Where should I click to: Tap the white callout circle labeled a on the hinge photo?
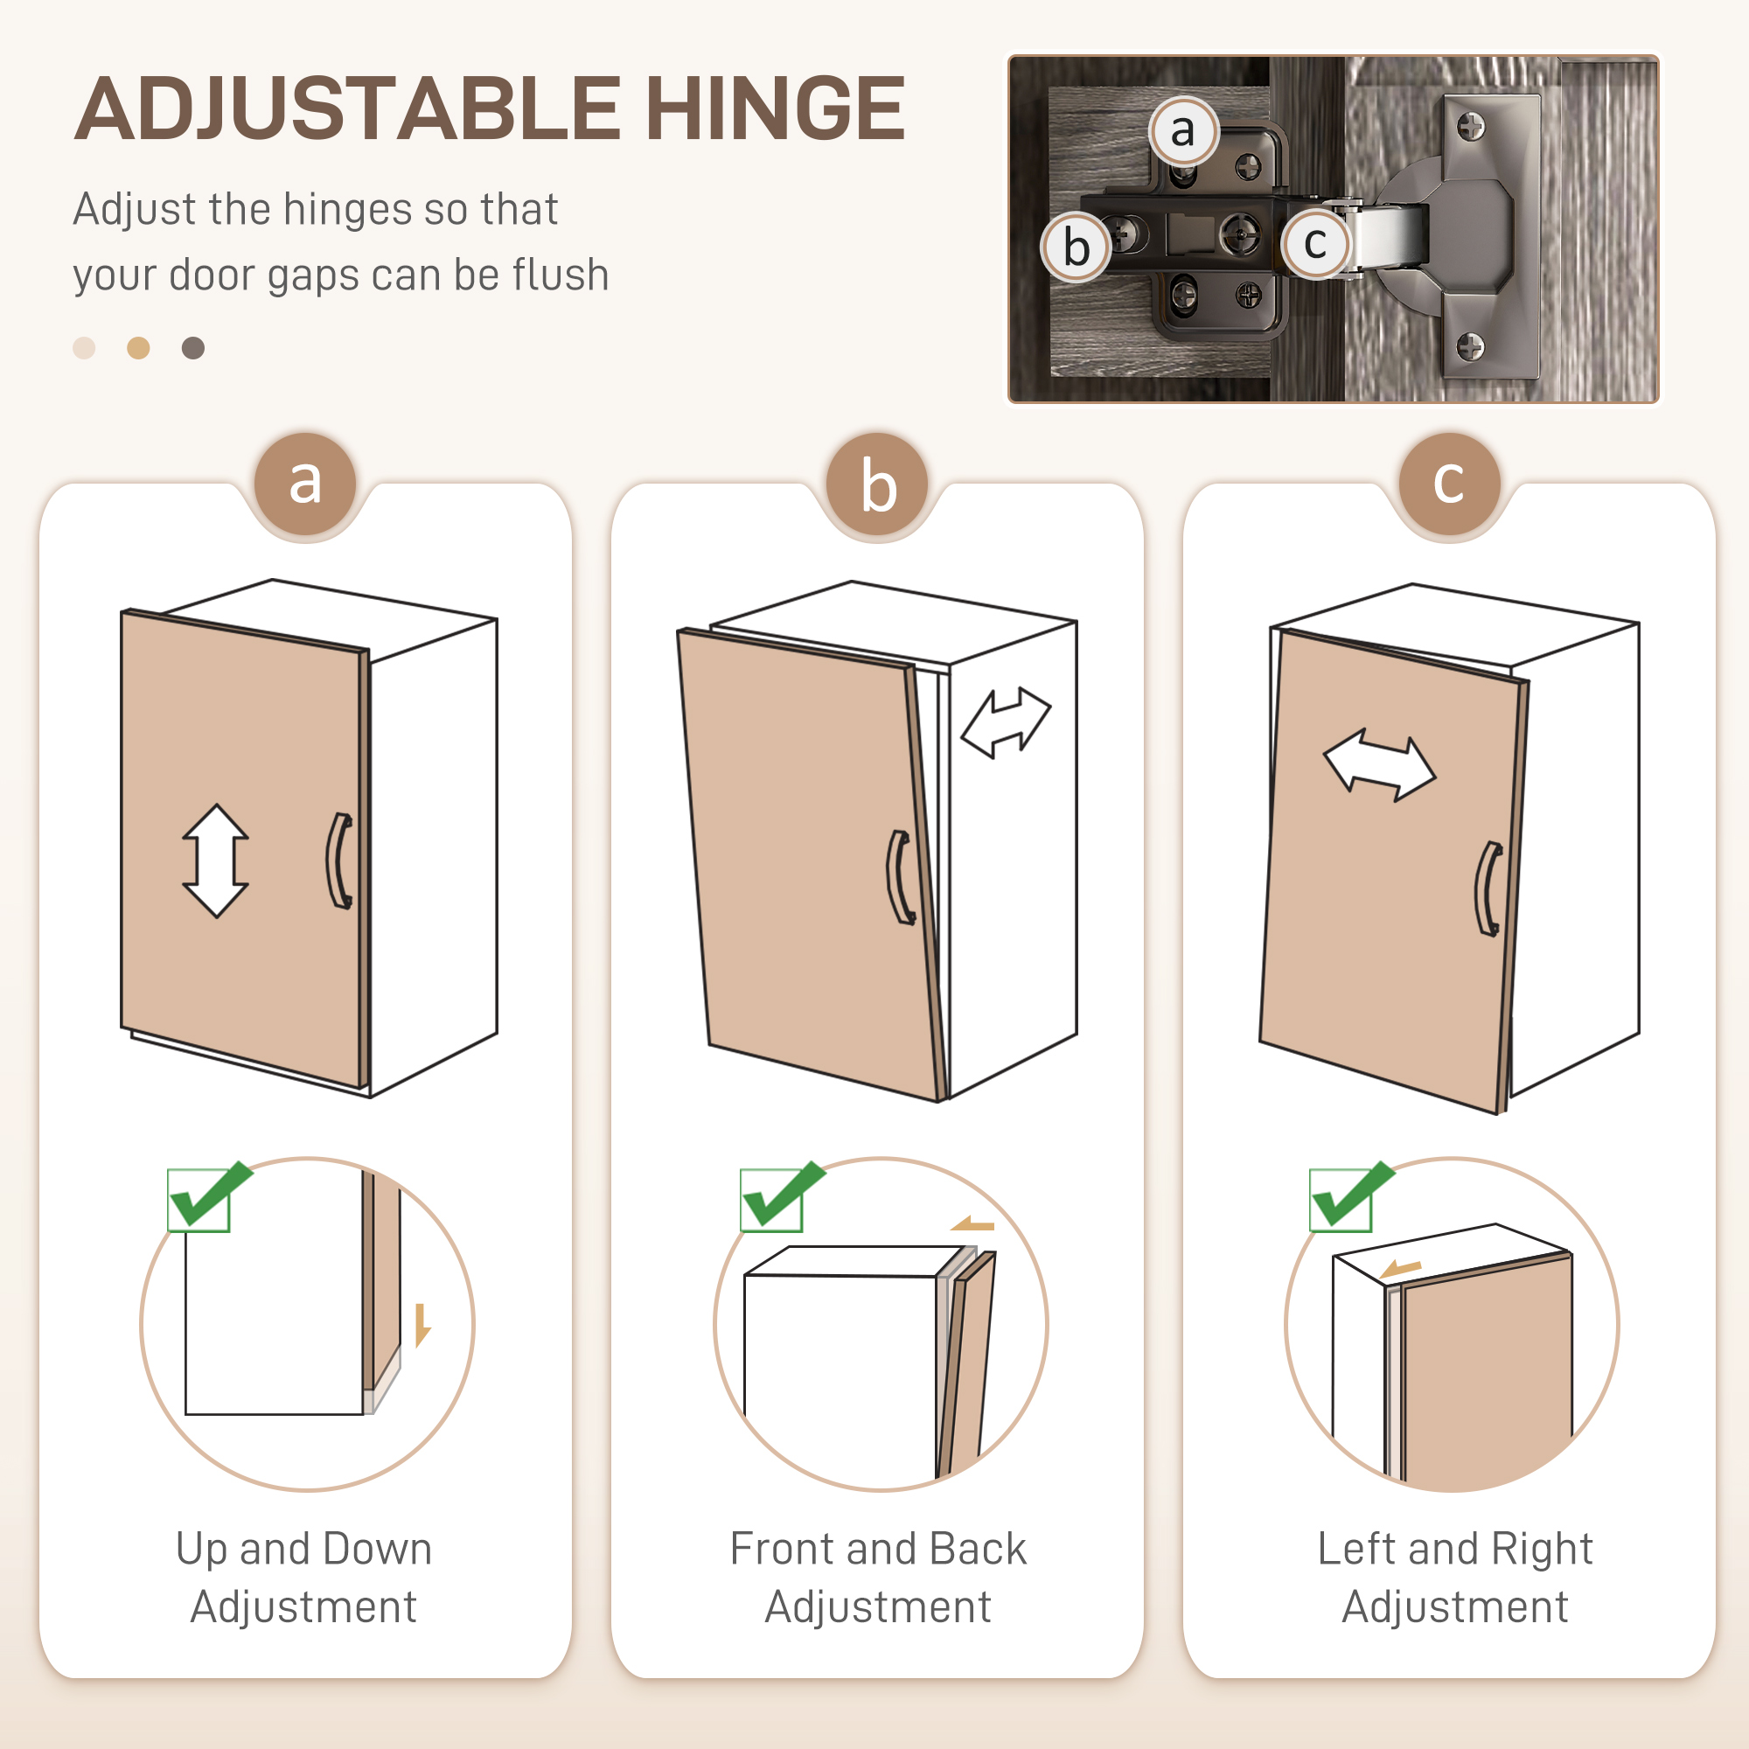click(x=1183, y=130)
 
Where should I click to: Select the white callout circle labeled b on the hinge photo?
click(x=1076, y=247)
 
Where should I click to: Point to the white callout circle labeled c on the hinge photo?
click(x=1315, y=242)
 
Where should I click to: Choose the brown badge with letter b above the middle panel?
click(x=877, y=484)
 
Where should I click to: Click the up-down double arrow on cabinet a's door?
click(x=215, y=860)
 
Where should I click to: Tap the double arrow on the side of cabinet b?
click(x=1006, y=721)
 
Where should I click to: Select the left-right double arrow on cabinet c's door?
click(x=1380, y=766)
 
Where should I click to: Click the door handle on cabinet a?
click(x=339, y=860)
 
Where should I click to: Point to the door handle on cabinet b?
click(x=899, y=877)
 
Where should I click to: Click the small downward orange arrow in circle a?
click(x=422, y=1326)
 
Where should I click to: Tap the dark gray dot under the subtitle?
click(x=192, y=348)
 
